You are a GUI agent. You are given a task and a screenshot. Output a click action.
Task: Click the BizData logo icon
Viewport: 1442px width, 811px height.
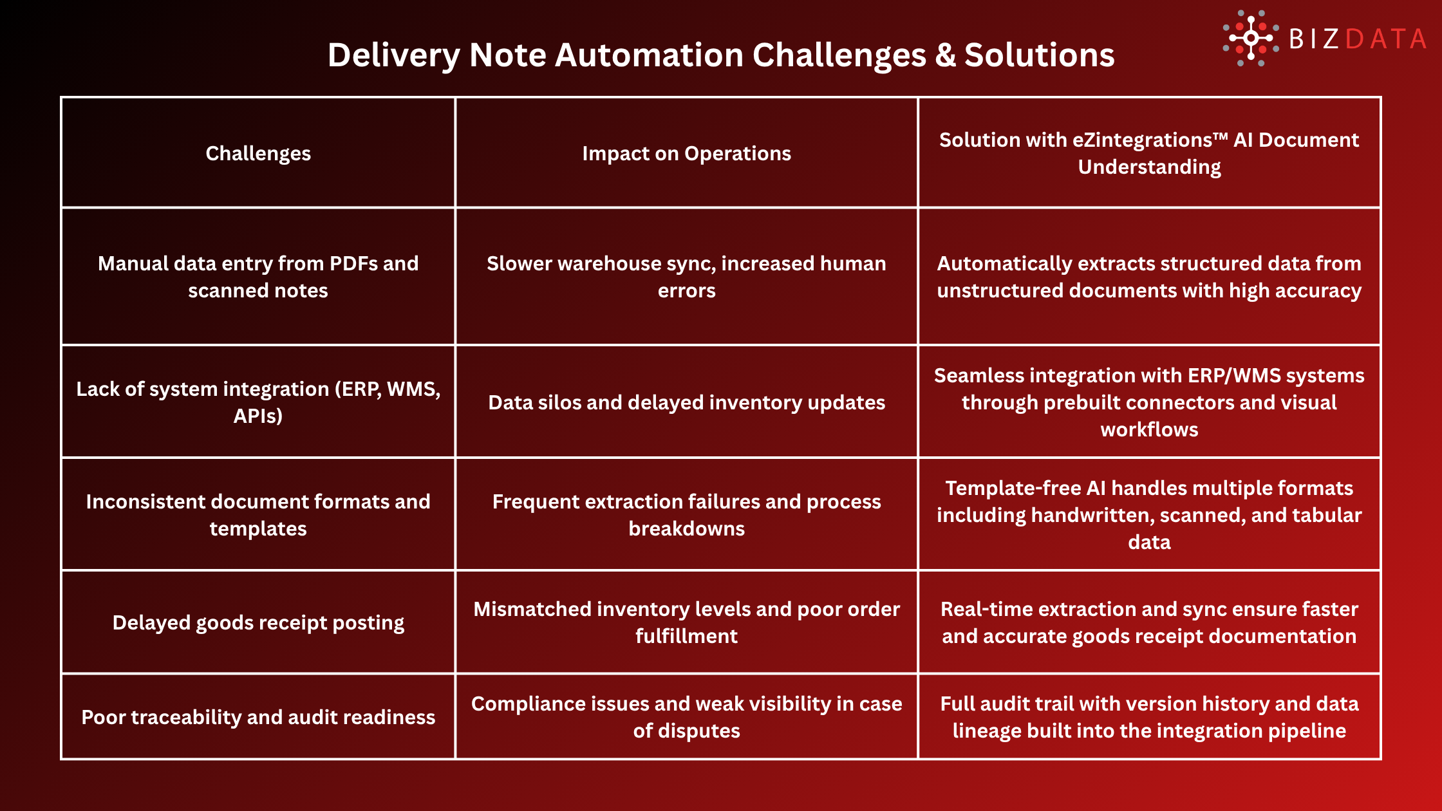1250,38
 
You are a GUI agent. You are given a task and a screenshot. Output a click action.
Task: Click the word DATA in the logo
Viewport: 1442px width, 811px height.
1385,39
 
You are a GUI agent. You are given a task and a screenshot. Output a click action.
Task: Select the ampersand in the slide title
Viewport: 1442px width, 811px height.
945,55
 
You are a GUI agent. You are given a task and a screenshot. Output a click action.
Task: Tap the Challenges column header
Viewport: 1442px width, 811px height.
258,153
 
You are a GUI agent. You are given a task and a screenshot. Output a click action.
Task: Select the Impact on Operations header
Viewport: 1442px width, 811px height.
686,153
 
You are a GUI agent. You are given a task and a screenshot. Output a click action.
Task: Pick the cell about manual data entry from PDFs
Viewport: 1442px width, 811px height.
258,277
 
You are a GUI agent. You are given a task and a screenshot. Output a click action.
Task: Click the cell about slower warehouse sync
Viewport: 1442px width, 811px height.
686,277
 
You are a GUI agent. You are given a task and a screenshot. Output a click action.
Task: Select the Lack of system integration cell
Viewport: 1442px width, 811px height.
258,402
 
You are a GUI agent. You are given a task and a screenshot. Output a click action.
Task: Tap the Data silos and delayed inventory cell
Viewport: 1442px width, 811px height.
686,402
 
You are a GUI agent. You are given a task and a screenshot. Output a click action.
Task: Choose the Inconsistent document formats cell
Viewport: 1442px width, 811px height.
258,515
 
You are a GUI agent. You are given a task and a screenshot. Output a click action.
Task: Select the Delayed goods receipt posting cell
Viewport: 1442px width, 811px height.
258,622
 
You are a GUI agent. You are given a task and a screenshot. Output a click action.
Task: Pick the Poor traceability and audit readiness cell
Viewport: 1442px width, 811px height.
258,717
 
